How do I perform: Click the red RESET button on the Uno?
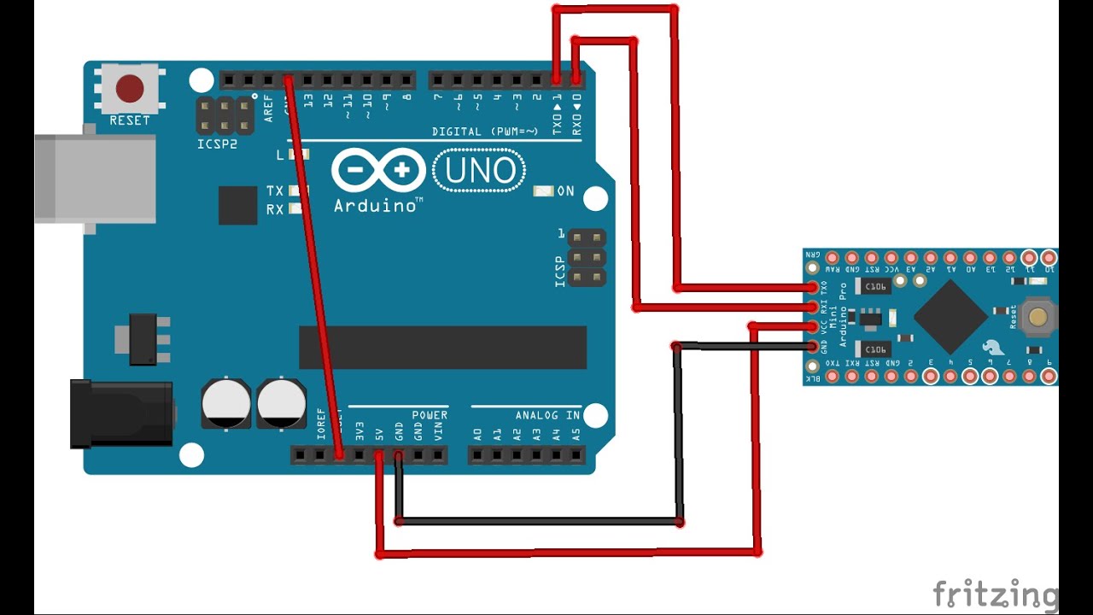point(130,88)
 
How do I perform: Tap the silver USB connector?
point(94,178)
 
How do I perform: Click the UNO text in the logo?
point(480,171)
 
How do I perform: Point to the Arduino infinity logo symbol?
point(378,170)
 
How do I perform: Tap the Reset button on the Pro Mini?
point(1037,317)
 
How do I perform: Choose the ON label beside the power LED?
point(565,191)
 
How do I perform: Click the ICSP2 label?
point(216,144)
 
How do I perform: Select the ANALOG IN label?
point(547,415)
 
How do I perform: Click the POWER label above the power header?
point(430,415)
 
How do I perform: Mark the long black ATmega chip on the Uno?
point(442,347)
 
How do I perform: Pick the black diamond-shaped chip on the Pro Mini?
point(950,316)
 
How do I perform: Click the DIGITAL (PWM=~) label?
point(485,132)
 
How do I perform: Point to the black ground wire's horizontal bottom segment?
point(538,520)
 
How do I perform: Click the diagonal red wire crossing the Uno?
point(313,265)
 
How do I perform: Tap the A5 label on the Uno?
point(576,434)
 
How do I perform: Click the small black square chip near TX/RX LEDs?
point(237,205)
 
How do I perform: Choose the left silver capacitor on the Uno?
point(226,403)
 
